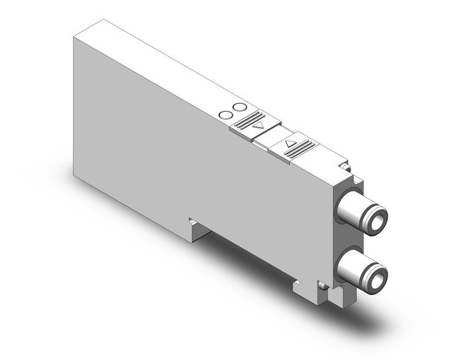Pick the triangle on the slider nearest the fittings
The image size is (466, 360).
pos(291,145)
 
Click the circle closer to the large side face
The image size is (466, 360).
pos(226,114)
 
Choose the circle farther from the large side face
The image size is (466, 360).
pos(237,107)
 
